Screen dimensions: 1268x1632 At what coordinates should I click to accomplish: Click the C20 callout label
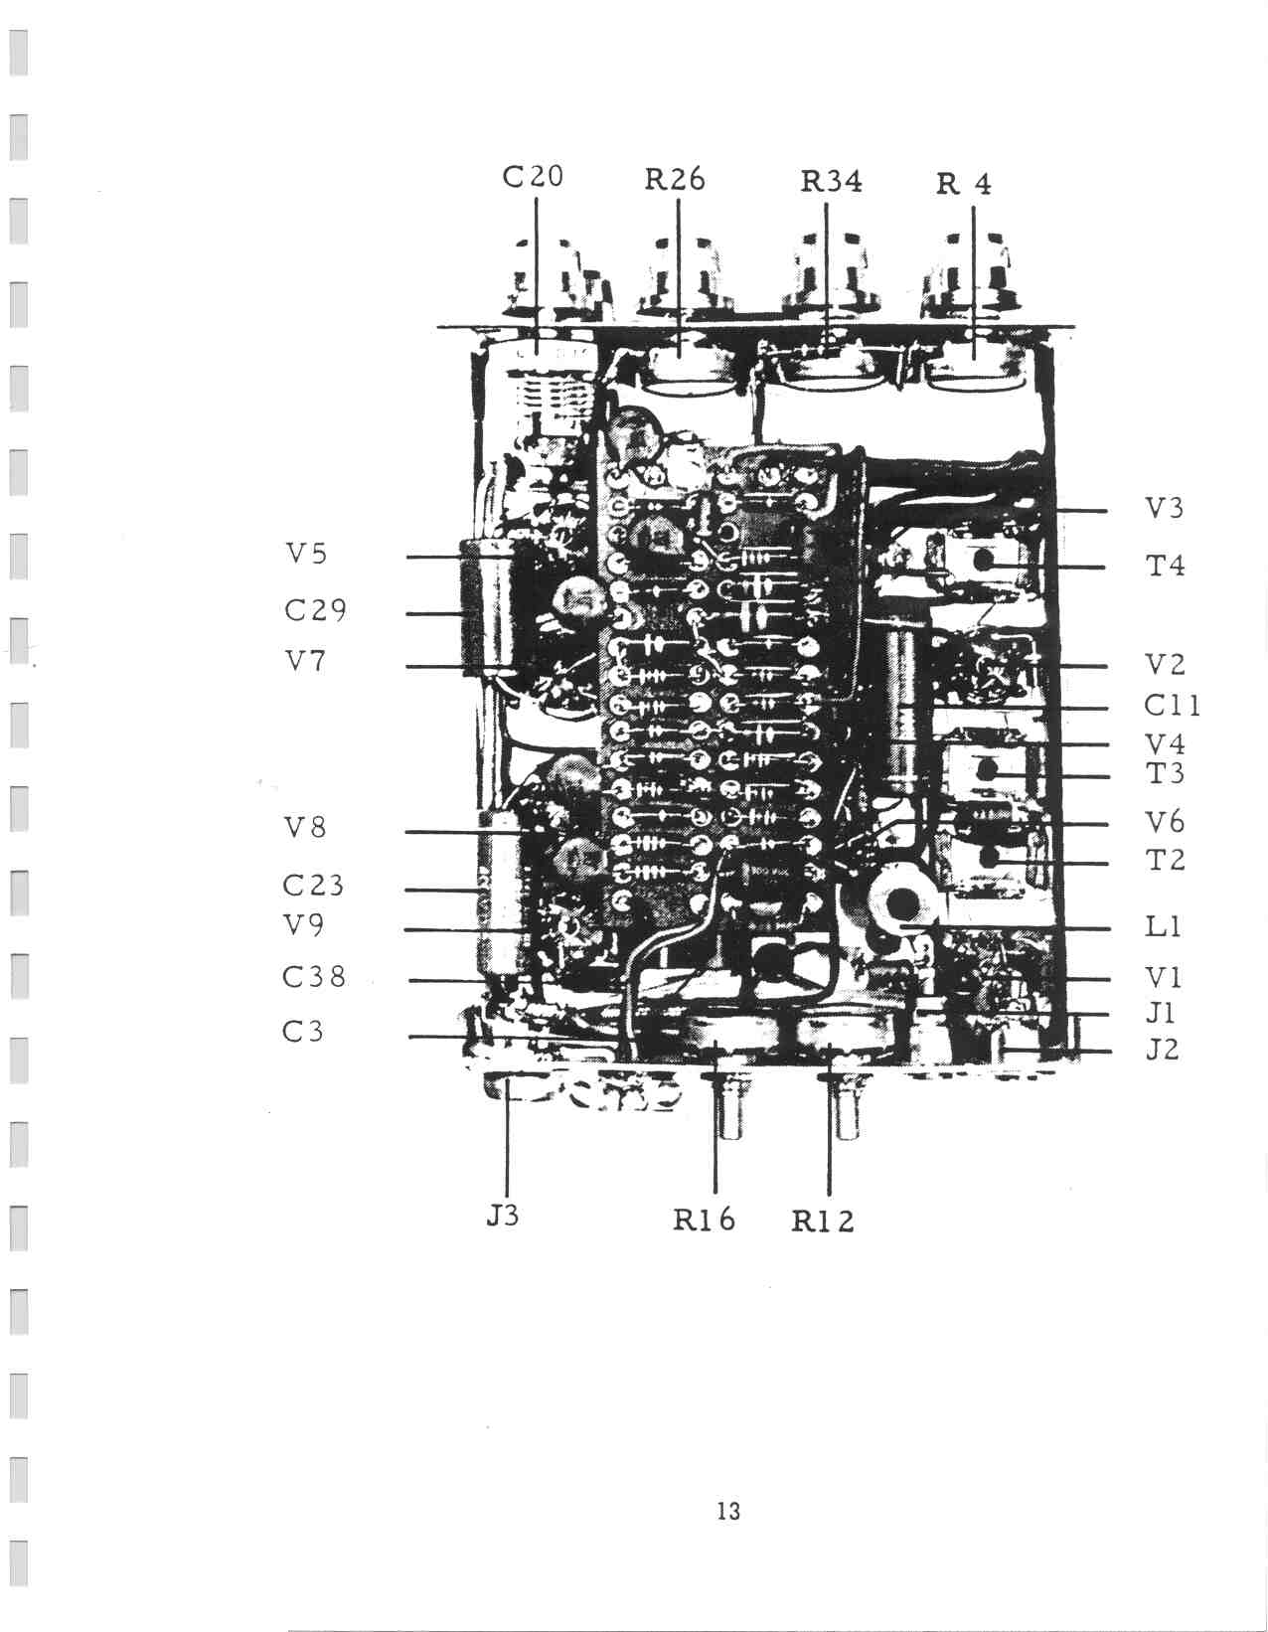click(x=533, y=177)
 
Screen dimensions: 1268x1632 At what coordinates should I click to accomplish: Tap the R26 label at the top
click(x=674, y=180)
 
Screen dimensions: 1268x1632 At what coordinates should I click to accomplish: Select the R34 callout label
click(x=831, y=182)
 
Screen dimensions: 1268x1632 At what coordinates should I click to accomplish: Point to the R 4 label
click(x=964, y=184)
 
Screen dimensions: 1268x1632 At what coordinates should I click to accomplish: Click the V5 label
click(x=306, y=554)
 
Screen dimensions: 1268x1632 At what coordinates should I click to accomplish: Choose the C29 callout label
click(x=315, y=610)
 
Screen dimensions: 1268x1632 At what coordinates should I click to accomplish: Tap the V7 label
click(x=305, y=661)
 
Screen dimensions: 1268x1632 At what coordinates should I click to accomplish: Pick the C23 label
click(x=313, y=885)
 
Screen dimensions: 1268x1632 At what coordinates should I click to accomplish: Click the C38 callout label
click(x=314, y=976)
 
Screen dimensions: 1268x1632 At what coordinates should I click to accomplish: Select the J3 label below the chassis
click(x=502, y=1215)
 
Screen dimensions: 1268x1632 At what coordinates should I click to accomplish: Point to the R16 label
click(x=704, y=1220)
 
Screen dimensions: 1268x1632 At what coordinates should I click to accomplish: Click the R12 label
click(x=823, y=1222)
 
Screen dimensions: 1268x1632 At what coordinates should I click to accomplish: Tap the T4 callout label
click(x=1165, y=565)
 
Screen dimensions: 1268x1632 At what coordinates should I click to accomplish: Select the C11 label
click(x=1172, y=706)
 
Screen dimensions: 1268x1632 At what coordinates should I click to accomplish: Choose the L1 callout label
click(x=1163, y=926)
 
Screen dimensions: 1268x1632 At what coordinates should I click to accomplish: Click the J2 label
click(x=1162, y=1049)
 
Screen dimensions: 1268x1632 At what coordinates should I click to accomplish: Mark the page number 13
click(x=728, y=1511)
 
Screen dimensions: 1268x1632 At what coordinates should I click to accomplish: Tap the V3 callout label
click(x=1165, y=509)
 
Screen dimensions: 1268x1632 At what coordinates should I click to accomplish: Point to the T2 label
click(x=1165, y=859)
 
